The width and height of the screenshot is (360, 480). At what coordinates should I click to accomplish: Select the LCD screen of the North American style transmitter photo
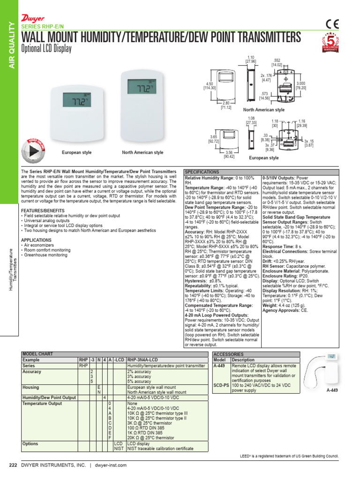pos(142,88)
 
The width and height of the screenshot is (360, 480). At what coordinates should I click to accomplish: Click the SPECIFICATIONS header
pos(202,172)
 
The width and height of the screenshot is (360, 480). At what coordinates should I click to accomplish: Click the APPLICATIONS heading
pos(36,239)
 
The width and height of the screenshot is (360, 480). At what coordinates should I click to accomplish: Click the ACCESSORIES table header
pos(228,354)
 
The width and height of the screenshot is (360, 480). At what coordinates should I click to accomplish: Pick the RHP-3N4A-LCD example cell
pos(141,360)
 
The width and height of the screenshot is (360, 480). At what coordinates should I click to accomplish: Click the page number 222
pos(13,465)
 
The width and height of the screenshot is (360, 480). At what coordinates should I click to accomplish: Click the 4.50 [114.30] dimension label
pos(209,85)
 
